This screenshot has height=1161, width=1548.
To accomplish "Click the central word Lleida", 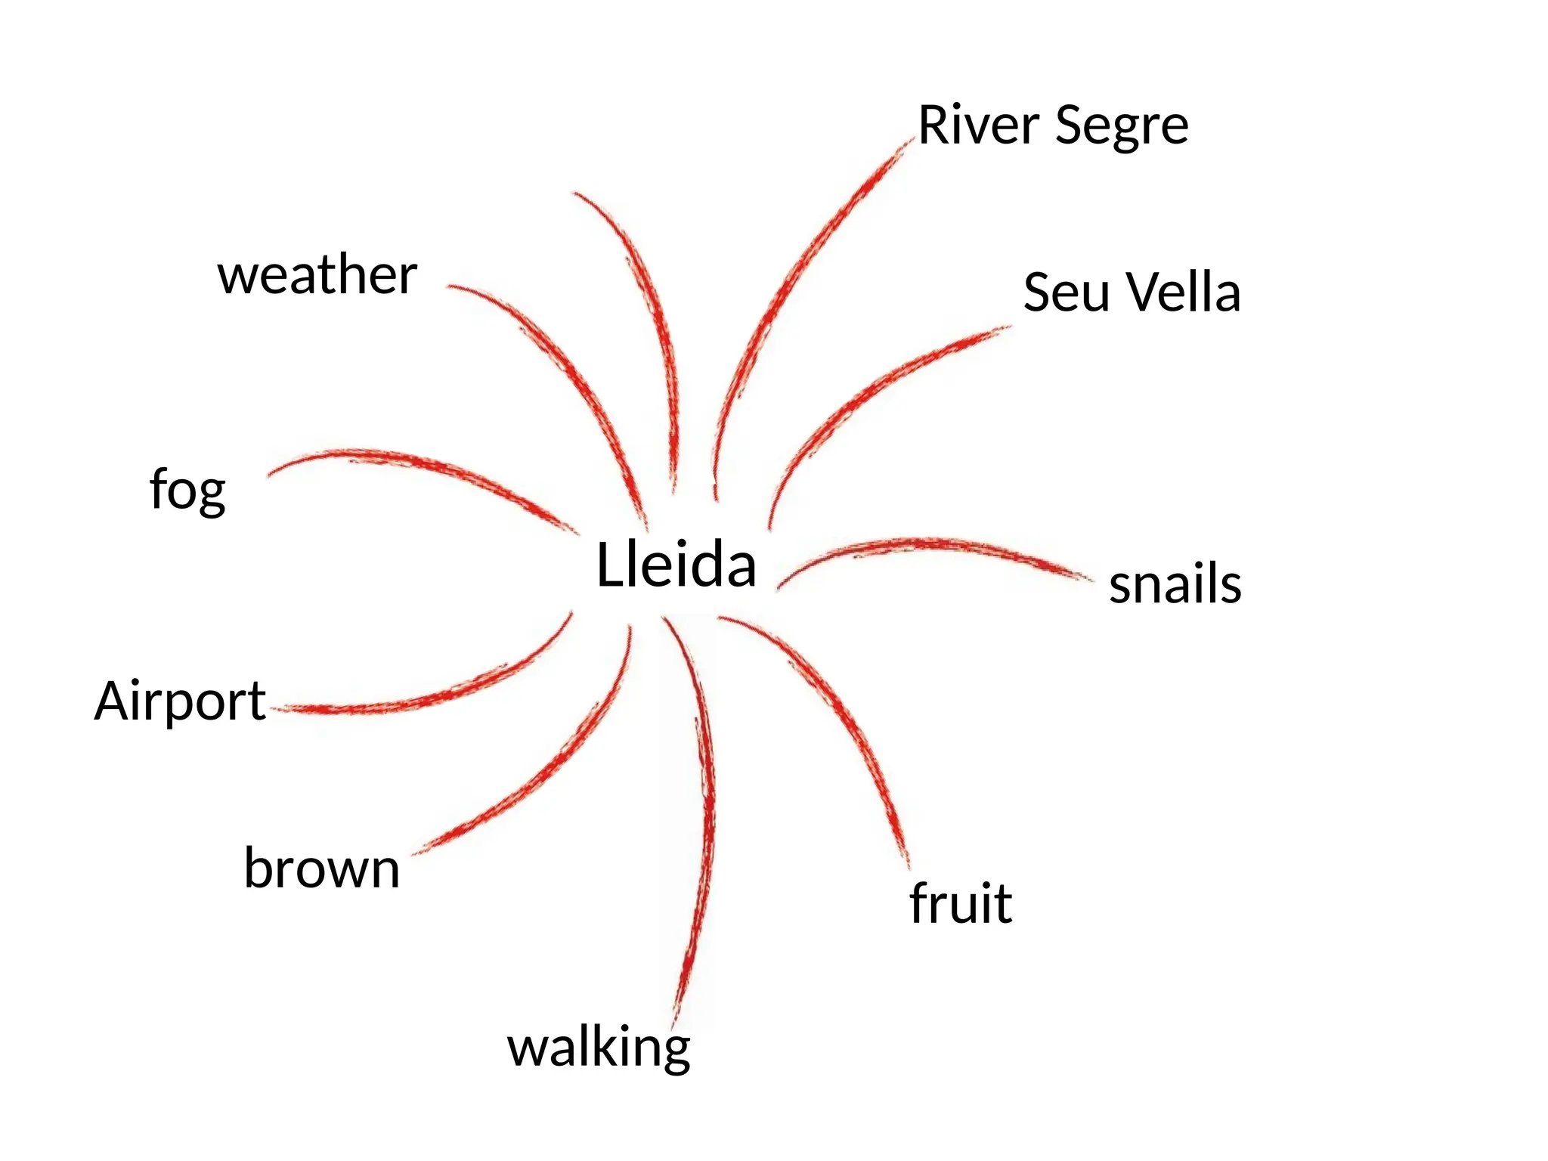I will tap(676, 565).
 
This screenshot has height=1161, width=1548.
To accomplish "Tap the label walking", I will tap(598, 1048).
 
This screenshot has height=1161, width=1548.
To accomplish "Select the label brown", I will tap(321, 868).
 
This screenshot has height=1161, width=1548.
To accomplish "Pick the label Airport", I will tap(179, 701).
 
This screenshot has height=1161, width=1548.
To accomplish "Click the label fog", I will tap(187, 491).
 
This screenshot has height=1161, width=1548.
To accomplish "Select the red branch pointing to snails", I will tap(930, 545).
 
